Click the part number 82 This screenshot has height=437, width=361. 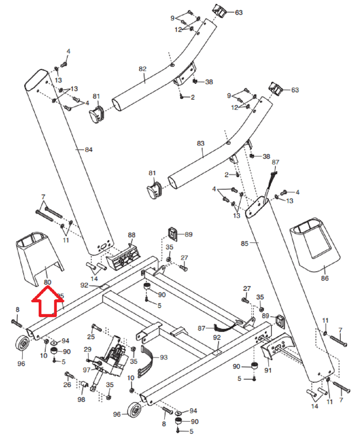[x=142, y=69]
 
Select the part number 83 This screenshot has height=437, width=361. [x=201, y=144]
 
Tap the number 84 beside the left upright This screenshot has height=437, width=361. [x=89, y=150]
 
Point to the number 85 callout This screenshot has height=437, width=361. [x=244, y=243]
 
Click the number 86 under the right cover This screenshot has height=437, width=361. [x=325, y=278]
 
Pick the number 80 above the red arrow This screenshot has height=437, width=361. [x=48, y=282]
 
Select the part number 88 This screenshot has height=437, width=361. [x=132, y=235]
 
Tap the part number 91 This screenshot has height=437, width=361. [x=268, y=370]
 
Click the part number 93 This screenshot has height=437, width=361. [x=163, y=357]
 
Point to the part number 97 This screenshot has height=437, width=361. [x=87, y=370]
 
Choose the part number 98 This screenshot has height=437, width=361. [x=81, y=400]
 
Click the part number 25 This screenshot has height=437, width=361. [x=91, y=336]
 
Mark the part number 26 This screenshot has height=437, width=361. [x=67, y=385]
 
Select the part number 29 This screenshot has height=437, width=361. [x=88, y=349]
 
